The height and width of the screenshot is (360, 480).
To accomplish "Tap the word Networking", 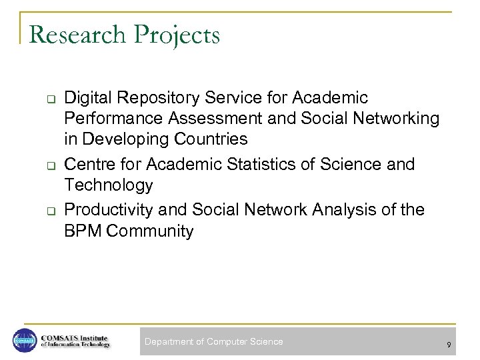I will [388, 119].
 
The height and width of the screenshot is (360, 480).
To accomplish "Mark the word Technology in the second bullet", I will [109, 185].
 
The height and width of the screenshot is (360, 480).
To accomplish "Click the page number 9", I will [449, 345].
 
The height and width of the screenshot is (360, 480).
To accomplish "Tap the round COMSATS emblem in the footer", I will [25, 341].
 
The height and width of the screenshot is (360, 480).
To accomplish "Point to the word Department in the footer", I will [170, 342].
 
